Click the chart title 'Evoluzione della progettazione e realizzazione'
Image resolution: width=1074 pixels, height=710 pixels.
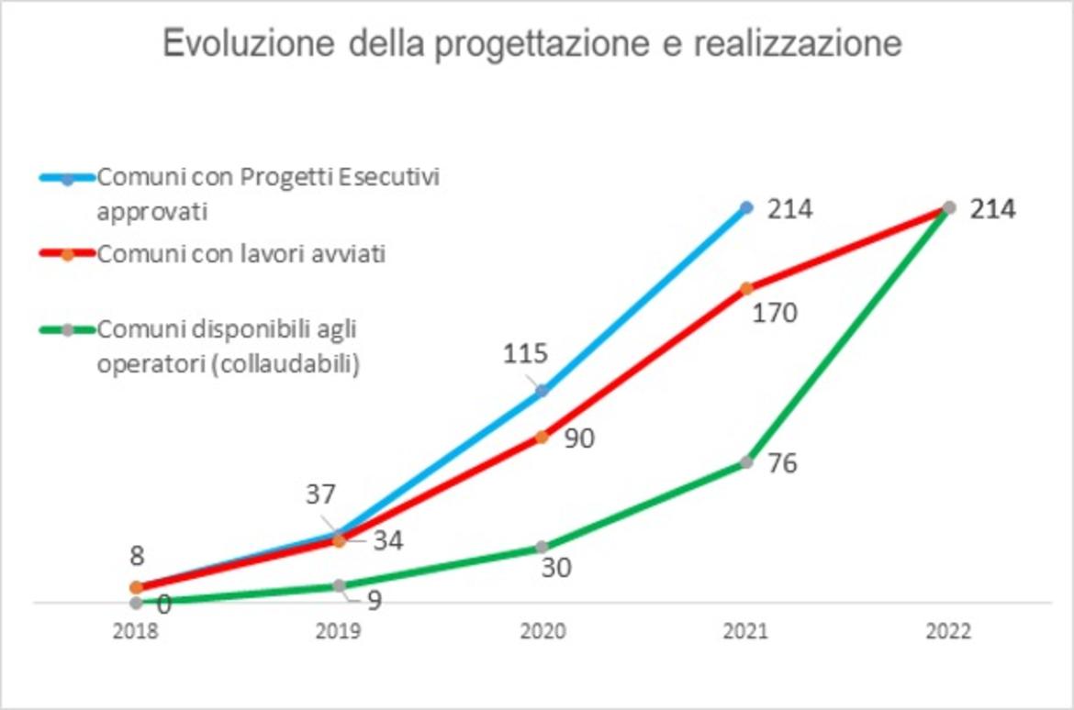point(532,43)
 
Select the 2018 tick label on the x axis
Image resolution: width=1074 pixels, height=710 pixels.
point(136,632)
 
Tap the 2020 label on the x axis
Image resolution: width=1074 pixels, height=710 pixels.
point(542,632)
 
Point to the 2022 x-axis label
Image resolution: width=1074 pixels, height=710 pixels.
point(949,632)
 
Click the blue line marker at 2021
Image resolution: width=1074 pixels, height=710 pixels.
point(746,208)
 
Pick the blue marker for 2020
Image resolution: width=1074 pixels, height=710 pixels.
point(542,391)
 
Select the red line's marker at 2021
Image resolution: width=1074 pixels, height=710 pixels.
point(746,288)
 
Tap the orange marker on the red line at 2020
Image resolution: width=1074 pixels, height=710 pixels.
point(542,438)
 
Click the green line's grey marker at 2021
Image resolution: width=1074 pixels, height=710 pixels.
point(746,462)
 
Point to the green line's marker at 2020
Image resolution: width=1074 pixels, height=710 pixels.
point(542,548)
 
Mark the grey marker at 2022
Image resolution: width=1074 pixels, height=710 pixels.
point(950,208)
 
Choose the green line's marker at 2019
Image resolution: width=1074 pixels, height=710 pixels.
point(339,585)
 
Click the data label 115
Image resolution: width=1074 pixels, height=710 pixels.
point(525,353)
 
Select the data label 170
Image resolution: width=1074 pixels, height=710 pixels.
point(775,314)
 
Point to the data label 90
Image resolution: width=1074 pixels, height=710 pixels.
point(578,438)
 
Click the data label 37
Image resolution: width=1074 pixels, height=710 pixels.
point(321,495)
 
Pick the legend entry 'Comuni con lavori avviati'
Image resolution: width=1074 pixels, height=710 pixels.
point(241,254)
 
